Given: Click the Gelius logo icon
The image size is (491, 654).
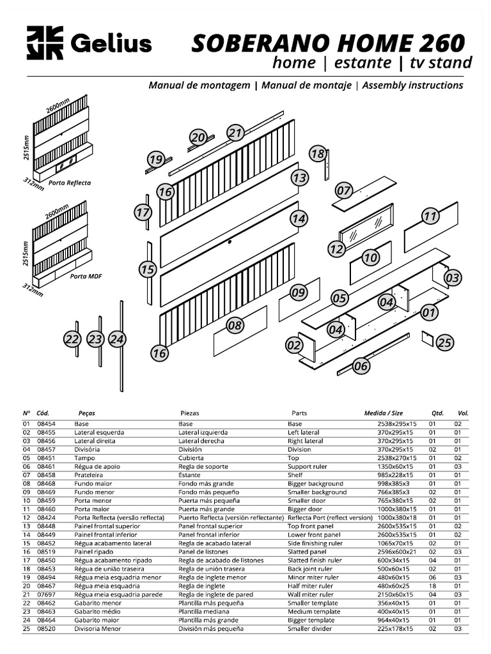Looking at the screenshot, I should click(x=45, y=43).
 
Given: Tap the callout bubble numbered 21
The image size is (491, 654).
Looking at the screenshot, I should click(x=236, y=133).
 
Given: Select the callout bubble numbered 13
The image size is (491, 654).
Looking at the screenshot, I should click(x=299, y=178).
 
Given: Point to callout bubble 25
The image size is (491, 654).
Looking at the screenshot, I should click(x=445, y=343).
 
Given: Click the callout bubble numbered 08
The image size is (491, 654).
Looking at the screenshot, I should click(x=235, y=326).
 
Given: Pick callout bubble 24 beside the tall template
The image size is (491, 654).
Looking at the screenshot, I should click(x=116, y=339).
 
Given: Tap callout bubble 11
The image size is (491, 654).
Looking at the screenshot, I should click(x=430, y=216).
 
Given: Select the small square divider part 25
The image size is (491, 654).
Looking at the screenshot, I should click(x=427, y=338).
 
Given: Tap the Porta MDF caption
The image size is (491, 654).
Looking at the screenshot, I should click(x=86, y=277).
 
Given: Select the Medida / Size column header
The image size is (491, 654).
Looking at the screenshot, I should click(x=384, y=413).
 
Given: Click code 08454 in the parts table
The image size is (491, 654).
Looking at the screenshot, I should click(x=46, y=424).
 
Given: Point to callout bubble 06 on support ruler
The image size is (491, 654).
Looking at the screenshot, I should click(x=361, y=366).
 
